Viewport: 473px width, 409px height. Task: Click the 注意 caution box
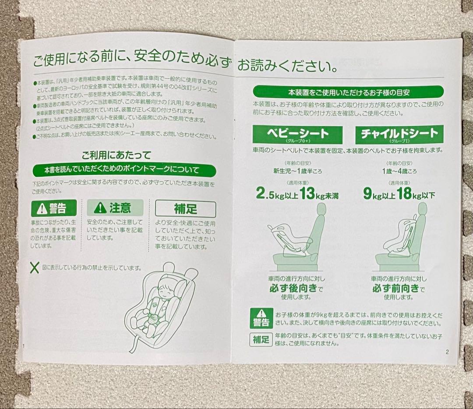(115, 207)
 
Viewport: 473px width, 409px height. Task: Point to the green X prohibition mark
(34, 267)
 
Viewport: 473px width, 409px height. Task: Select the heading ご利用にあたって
(116, 155)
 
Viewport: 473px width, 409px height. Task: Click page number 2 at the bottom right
(447, 351)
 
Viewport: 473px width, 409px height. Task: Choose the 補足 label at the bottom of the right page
(261, 339)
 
